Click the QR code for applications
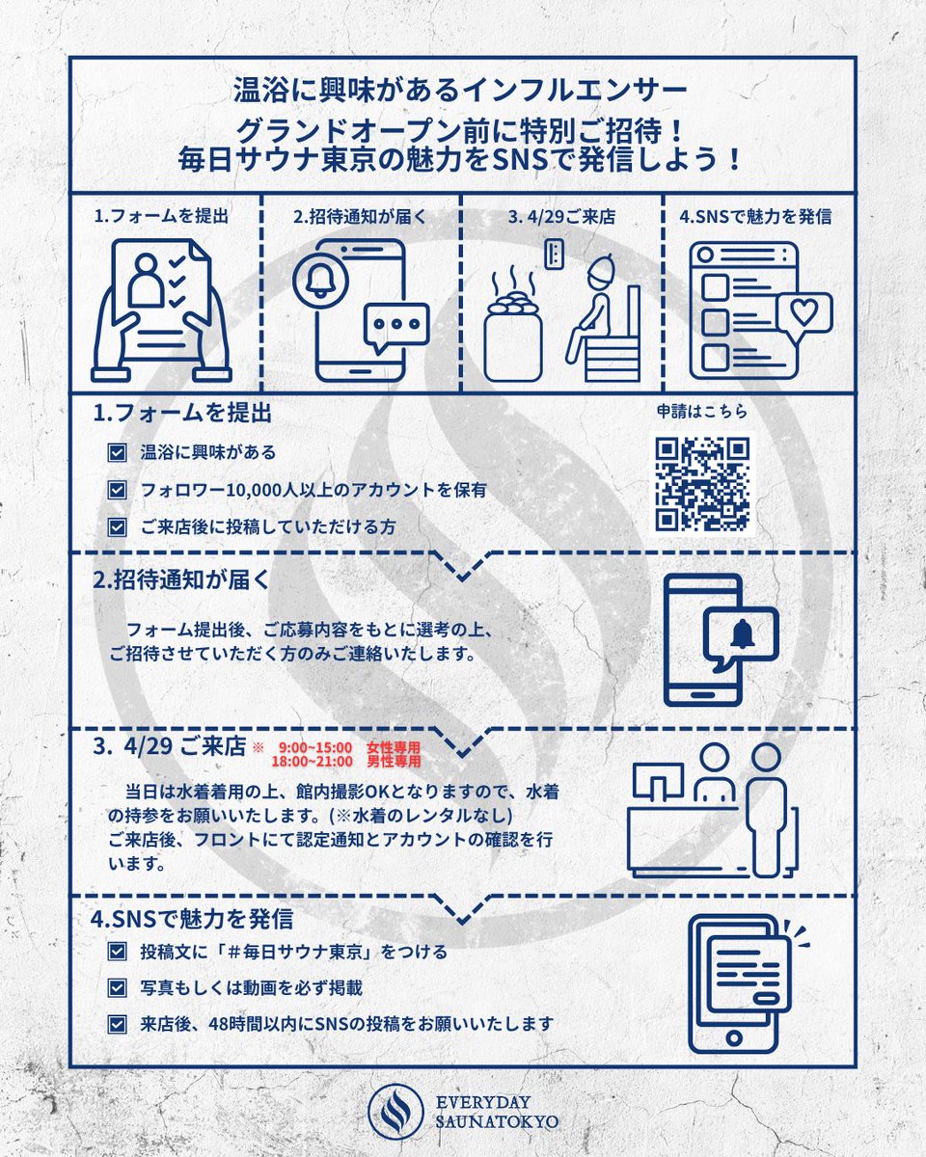click(702, 484)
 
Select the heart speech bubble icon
click(803, 313)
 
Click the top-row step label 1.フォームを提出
click(161, 217)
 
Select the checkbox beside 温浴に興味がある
click(118, 451)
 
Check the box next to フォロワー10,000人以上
click(118, 490)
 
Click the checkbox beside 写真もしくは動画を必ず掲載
click(118, 988)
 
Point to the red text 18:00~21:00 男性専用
click(347, 761)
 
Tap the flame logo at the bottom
click(396, 1110)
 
